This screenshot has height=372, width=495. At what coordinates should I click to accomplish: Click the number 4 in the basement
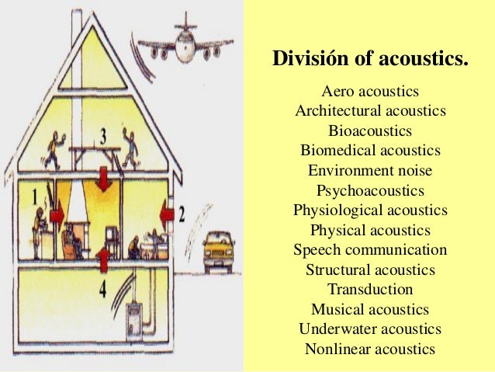tap(103, 291)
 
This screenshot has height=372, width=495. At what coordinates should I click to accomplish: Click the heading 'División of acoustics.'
tap(371, 58)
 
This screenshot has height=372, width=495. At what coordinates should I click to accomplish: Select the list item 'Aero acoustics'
tap(370, 92)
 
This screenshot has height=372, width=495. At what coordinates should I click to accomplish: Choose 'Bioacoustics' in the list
tap(370, 130)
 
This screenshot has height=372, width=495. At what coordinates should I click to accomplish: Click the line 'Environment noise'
tap(370, 170)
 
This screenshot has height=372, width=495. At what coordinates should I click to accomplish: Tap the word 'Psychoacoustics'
tap(370, 190)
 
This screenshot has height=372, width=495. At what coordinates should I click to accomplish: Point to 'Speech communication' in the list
tap(370, 250)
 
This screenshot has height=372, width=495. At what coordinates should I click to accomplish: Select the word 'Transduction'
tap(370, 290)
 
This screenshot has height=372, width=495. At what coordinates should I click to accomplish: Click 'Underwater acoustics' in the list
tap(370, 329)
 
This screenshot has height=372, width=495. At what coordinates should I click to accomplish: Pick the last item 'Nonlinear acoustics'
tap(370, 349)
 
